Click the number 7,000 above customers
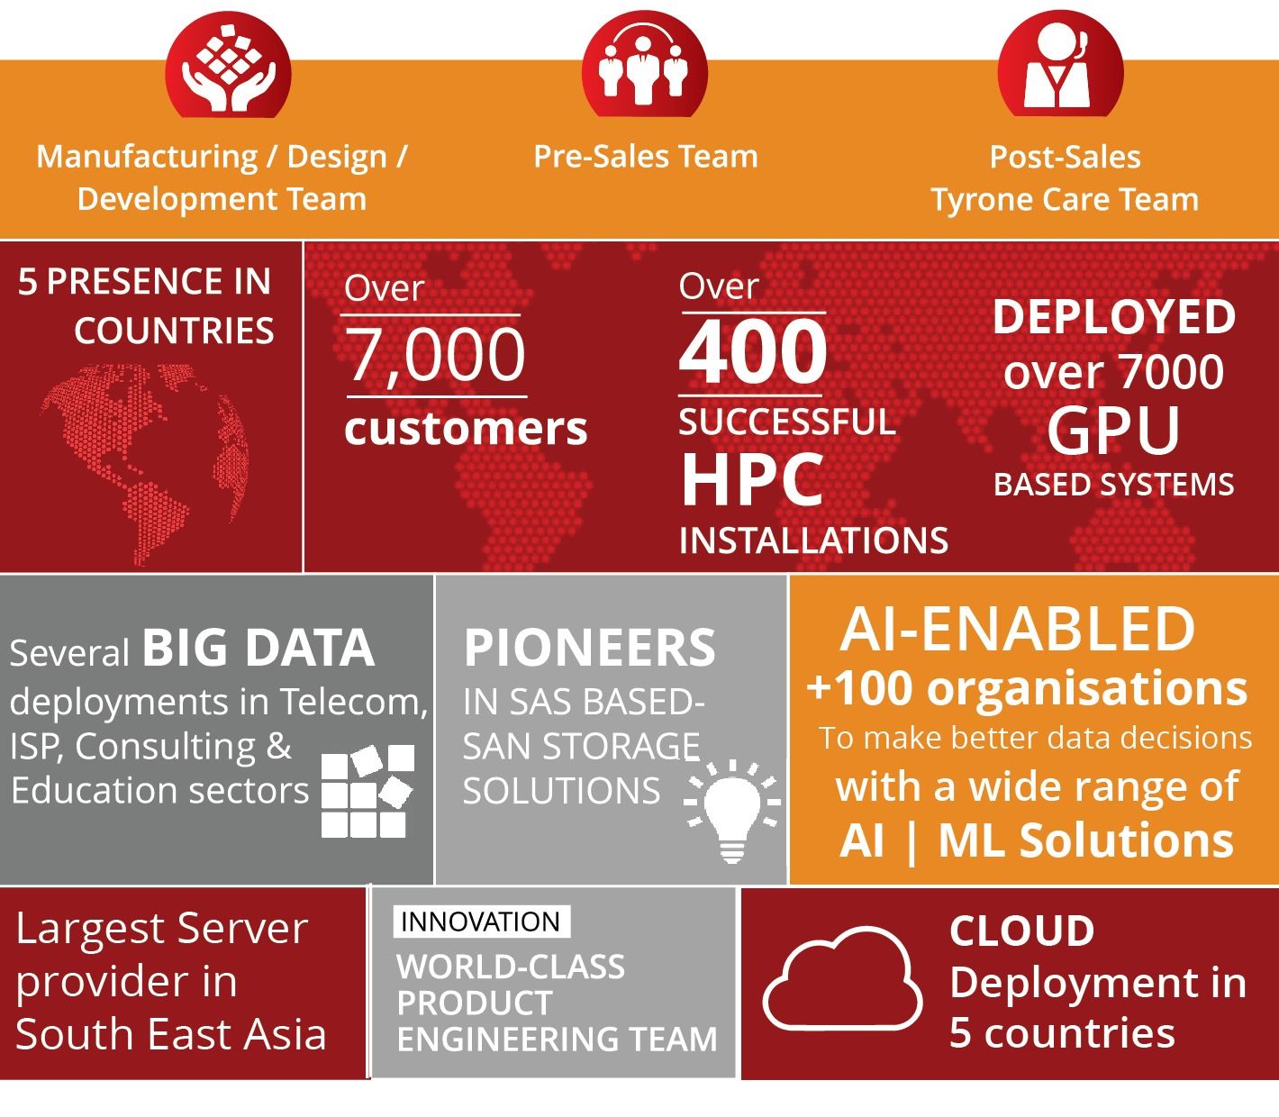point(436,355)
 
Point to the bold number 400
point(753,351)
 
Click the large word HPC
point(752,479)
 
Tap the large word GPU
point(1113,430)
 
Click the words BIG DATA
point(259,648)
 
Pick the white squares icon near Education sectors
point(367,791)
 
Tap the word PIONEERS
point(589,648)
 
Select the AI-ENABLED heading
point(1018,629)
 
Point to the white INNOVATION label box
point(481,922)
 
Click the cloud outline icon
point(842,979)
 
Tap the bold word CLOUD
point(1021,931)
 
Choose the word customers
point(466,429)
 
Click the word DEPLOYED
point(1114,316)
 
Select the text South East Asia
point(170,1034)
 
